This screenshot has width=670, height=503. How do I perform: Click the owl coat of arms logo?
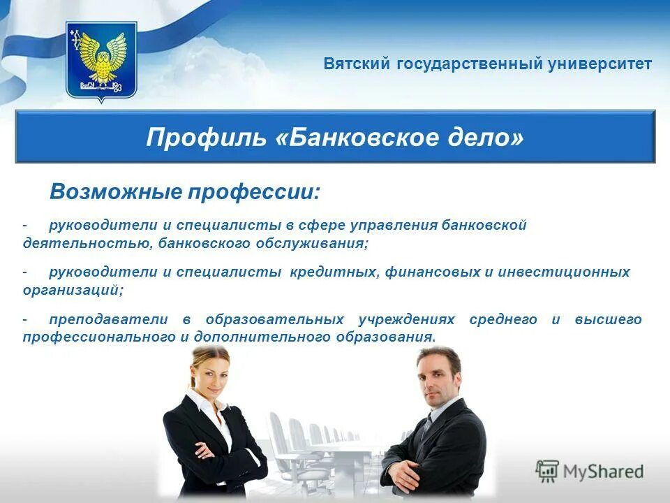tap(101, 61)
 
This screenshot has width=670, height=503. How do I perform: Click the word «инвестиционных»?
tap(563, 272)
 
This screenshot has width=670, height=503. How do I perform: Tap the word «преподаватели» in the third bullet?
tap(108, 319)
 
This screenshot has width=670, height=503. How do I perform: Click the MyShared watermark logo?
tap(590, 471)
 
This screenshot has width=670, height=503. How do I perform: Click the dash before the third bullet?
tap(25, 319)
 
